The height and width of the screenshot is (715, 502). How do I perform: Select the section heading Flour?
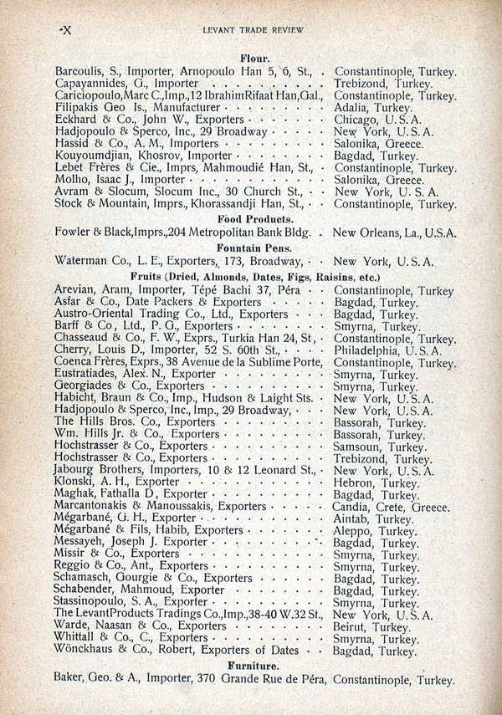(x=254, y=59)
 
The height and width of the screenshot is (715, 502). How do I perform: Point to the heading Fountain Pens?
(x=254, y=248)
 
